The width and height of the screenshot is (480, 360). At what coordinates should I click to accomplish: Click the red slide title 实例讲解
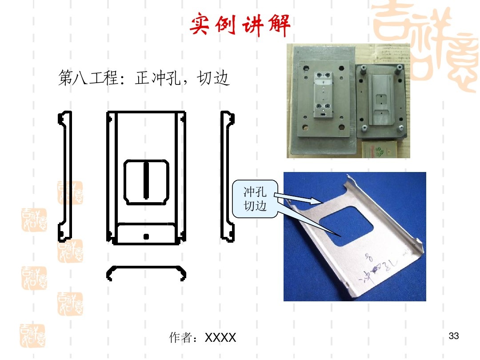(240, 26)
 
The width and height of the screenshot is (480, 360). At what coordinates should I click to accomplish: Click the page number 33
(454, 336)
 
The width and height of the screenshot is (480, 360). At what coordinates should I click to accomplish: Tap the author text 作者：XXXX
(203, 338)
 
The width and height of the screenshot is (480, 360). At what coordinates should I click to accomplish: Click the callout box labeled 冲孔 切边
(256, 199)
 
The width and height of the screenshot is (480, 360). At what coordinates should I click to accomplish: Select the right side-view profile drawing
(228, 176)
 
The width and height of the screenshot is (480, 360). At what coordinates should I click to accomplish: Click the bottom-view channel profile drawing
(146, 272)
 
